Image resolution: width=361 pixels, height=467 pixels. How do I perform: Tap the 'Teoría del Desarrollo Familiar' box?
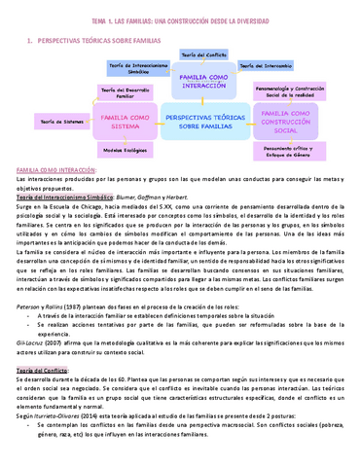(117, 95)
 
